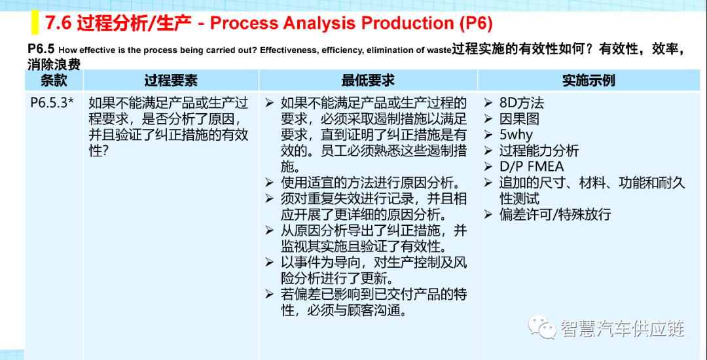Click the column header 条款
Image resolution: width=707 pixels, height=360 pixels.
54,81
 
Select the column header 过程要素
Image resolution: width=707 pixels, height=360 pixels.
171,81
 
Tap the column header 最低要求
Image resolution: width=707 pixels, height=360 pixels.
368,81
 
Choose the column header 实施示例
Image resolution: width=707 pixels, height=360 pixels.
589,81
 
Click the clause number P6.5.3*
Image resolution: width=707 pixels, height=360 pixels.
52,103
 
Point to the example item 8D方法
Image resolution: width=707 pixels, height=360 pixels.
522,103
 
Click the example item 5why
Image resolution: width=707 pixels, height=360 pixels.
516,135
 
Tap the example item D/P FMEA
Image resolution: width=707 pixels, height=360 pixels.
532,166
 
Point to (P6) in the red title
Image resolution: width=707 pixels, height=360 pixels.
476,24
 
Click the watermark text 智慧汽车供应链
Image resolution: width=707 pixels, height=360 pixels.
623,328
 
